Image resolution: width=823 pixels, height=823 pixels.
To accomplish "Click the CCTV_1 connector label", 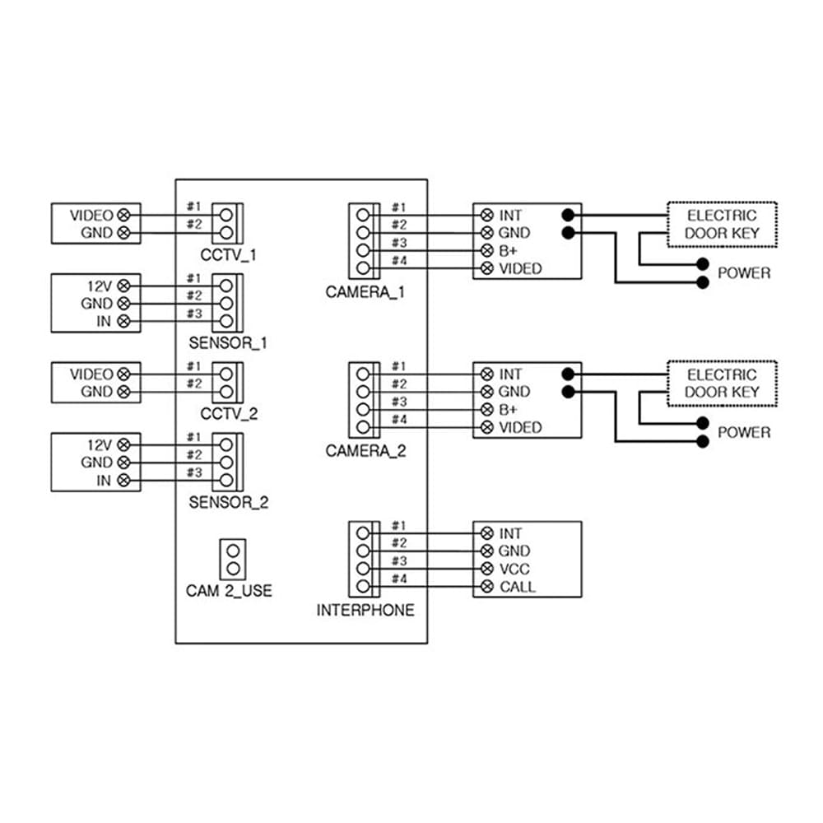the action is point(228,255).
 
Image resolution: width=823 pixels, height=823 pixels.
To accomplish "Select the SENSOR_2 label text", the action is point(228,502).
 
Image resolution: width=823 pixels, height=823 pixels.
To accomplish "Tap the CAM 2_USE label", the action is point(229,590).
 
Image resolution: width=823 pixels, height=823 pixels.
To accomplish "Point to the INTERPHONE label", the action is point(365,610).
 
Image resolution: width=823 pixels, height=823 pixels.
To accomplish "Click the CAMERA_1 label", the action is point(365,292).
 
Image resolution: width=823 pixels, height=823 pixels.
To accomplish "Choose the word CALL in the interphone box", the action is point(518,587).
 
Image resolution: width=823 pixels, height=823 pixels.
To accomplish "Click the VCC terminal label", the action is point(514,569).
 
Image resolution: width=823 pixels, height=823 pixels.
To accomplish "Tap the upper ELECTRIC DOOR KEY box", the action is point(722,224).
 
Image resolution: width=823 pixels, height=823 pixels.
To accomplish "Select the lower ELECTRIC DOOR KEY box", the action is point(722,384).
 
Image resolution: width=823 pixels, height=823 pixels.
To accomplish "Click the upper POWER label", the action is point(744,273).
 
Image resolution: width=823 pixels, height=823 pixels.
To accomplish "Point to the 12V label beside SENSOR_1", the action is point(100,286).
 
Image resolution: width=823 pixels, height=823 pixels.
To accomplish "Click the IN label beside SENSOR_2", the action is point(104,481).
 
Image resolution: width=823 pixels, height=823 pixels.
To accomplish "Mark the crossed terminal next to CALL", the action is point(487,587).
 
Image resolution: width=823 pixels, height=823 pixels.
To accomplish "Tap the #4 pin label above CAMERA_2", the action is point(399,420).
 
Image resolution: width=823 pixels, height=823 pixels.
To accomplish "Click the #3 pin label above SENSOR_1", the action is point(194,314).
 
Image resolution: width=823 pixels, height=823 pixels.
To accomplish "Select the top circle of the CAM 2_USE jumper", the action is point(233,551).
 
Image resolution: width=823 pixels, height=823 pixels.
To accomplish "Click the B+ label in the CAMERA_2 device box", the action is point(508,409).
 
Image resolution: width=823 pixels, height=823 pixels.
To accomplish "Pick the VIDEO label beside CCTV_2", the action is point(91,374).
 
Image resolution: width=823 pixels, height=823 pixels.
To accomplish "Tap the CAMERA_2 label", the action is point(365,451).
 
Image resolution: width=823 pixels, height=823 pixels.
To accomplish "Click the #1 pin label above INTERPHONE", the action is point(399,525).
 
